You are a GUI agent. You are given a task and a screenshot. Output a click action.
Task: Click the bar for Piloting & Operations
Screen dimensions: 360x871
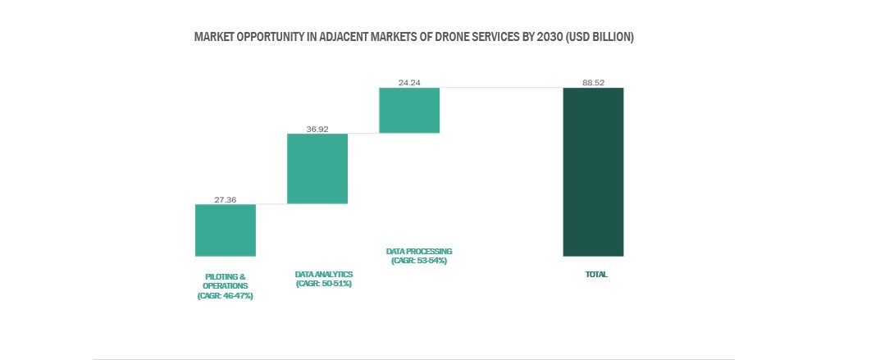226,230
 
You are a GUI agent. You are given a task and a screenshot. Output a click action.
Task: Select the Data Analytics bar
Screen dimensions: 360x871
317,168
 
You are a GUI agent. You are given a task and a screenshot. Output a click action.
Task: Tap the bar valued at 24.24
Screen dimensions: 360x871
409,110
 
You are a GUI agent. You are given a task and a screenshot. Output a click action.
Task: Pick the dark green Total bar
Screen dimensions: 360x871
593,171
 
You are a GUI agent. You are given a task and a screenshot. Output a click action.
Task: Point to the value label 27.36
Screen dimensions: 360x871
226,199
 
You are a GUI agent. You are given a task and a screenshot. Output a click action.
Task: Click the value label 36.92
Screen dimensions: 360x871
317,129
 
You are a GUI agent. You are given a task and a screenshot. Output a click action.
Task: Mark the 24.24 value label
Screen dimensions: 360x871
409,83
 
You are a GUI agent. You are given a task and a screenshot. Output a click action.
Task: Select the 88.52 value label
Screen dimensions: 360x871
593,83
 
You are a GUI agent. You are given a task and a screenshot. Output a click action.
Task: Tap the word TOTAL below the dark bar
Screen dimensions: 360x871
596,274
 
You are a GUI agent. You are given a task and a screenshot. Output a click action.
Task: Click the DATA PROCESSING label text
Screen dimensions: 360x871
419,251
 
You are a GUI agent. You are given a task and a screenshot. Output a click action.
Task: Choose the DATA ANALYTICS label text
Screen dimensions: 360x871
323,274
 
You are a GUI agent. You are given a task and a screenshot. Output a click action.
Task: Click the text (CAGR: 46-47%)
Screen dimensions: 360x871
226,295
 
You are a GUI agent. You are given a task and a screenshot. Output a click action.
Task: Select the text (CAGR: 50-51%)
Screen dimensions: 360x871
323,284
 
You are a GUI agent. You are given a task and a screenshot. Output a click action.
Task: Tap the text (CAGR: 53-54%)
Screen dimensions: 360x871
419,260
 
